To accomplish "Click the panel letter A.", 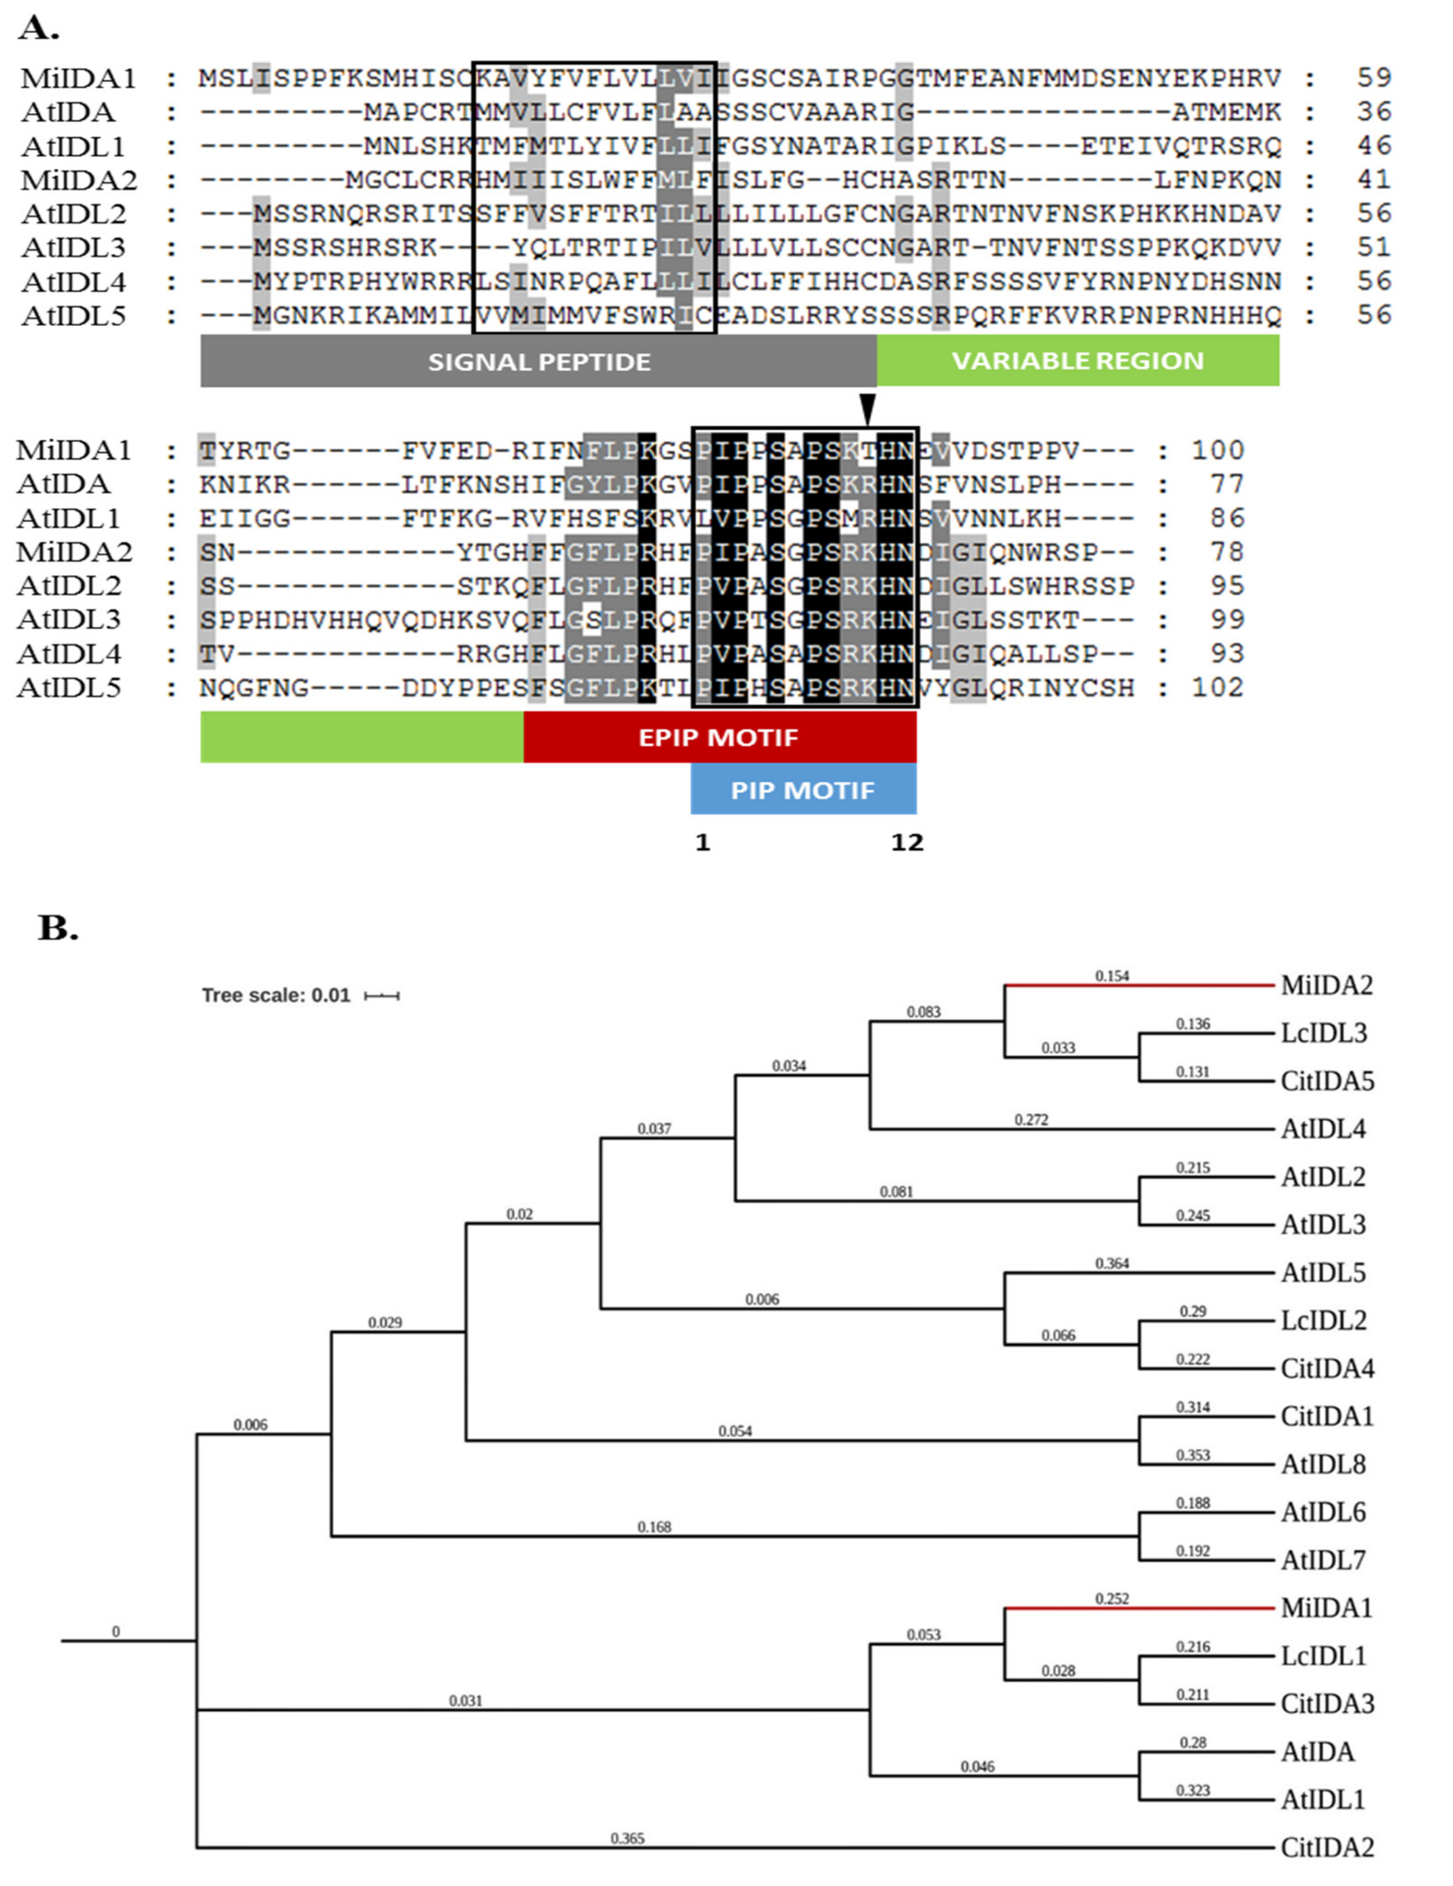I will point(39,29).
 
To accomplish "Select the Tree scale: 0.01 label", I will point(276,996).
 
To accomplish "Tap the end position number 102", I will point(1217,688).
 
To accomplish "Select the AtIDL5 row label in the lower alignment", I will point(68,688).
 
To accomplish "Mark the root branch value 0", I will point(116,1631).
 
